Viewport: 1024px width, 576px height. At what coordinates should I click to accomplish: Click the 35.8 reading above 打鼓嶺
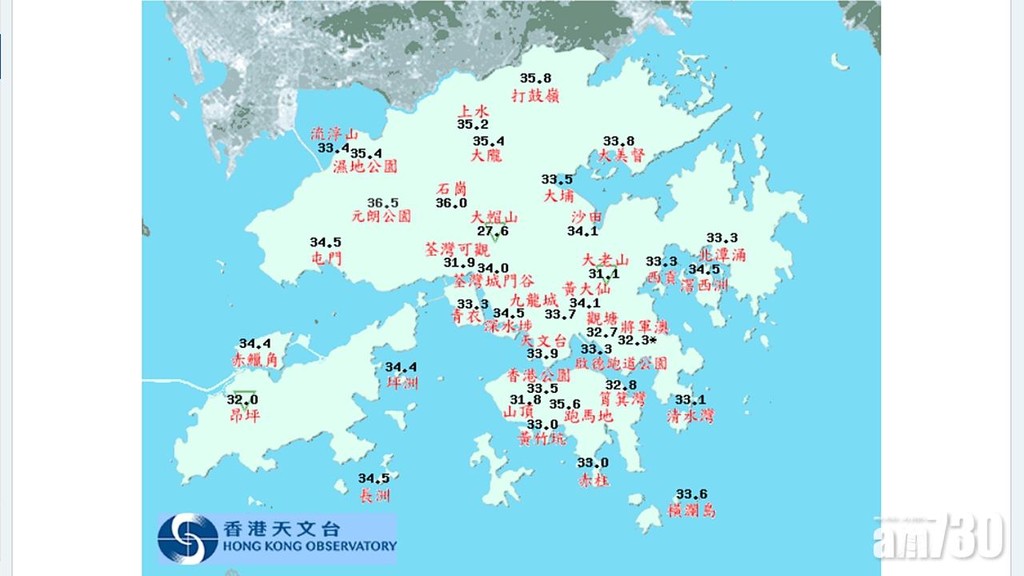point(535,78)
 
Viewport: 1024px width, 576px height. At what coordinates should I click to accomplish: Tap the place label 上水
point(472,111)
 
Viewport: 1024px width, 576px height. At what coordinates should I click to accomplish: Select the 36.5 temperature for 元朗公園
point(382,202)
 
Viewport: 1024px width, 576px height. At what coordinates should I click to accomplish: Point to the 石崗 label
point(451,189)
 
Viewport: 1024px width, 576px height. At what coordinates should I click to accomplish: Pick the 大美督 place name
point(621,156)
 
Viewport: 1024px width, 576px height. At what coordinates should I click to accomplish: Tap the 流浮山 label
point(334,134)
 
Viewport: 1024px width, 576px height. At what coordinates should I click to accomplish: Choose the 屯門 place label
point(326,258)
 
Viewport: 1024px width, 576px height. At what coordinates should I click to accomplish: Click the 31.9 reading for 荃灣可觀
point(459,262)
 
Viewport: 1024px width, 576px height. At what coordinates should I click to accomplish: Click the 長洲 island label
point(374,496)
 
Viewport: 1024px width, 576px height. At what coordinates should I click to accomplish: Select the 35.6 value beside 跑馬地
point(564,404)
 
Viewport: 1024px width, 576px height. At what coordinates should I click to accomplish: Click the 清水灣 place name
point(690,415)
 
